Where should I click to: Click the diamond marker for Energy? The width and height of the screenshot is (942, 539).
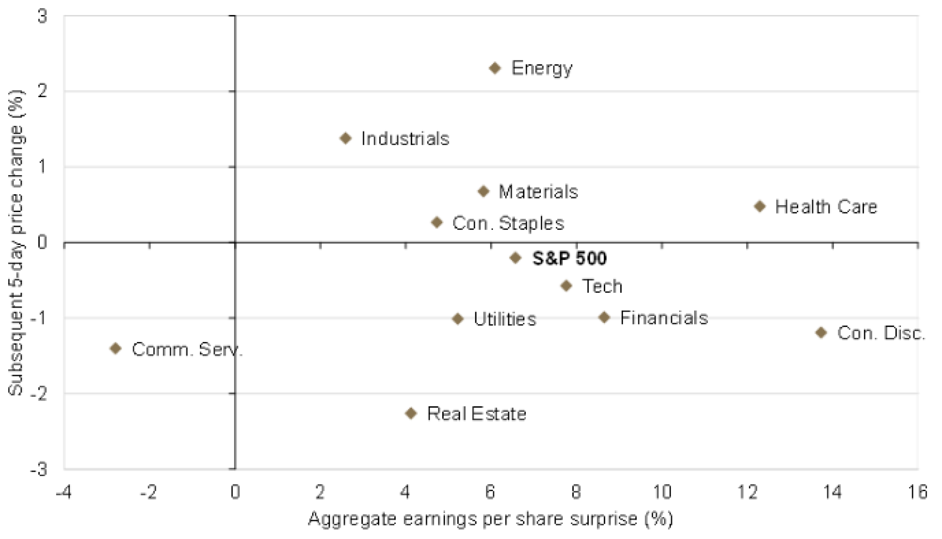[495, 68]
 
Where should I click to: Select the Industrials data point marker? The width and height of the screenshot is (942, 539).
[346, 138]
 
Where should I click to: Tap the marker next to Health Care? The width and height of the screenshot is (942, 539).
[760, 206]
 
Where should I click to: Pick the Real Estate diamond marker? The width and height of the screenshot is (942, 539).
[411, 413]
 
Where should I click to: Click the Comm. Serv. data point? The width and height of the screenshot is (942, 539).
[116, 348]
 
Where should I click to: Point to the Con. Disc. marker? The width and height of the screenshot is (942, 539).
[821, 332]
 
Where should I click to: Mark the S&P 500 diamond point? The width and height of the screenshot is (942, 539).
[516, 258]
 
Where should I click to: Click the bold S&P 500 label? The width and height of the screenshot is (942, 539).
[569, 258]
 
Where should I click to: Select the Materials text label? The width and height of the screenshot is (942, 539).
[538, 191]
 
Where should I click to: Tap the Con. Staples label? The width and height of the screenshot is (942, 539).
[508, 223]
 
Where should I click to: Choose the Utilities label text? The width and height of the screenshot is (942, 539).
[505, 319]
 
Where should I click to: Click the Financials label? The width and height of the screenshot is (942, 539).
[664, 318]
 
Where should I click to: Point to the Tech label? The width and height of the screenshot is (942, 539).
[602, 286]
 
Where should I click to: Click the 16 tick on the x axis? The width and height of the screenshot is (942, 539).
[918, 492]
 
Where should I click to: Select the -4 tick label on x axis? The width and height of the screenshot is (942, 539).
[64, 492]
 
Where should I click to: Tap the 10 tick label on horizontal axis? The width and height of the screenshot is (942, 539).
[662, 492]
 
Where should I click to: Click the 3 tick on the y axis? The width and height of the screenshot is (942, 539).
[42, 17]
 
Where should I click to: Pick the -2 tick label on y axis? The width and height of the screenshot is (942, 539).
[39, 393]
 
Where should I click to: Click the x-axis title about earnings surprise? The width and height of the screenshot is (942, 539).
[490, 519]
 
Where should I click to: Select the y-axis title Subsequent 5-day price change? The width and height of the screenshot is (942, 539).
[16, 242]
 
